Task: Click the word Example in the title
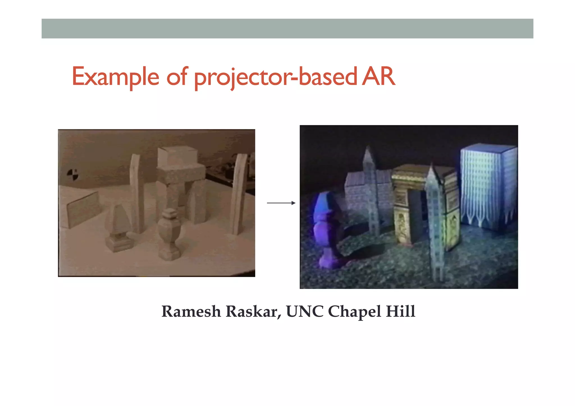click(x=115, y=76)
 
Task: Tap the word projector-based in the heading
click(x=275, y=76)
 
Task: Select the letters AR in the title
click(x=378, y=76)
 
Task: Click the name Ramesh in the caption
click(x=191, y=311)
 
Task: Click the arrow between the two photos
click(x=281, y=203)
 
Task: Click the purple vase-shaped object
click(x=326, y=230)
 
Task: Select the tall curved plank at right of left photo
click(x=239, y=194)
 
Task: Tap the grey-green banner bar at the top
click(x=287, y=29)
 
